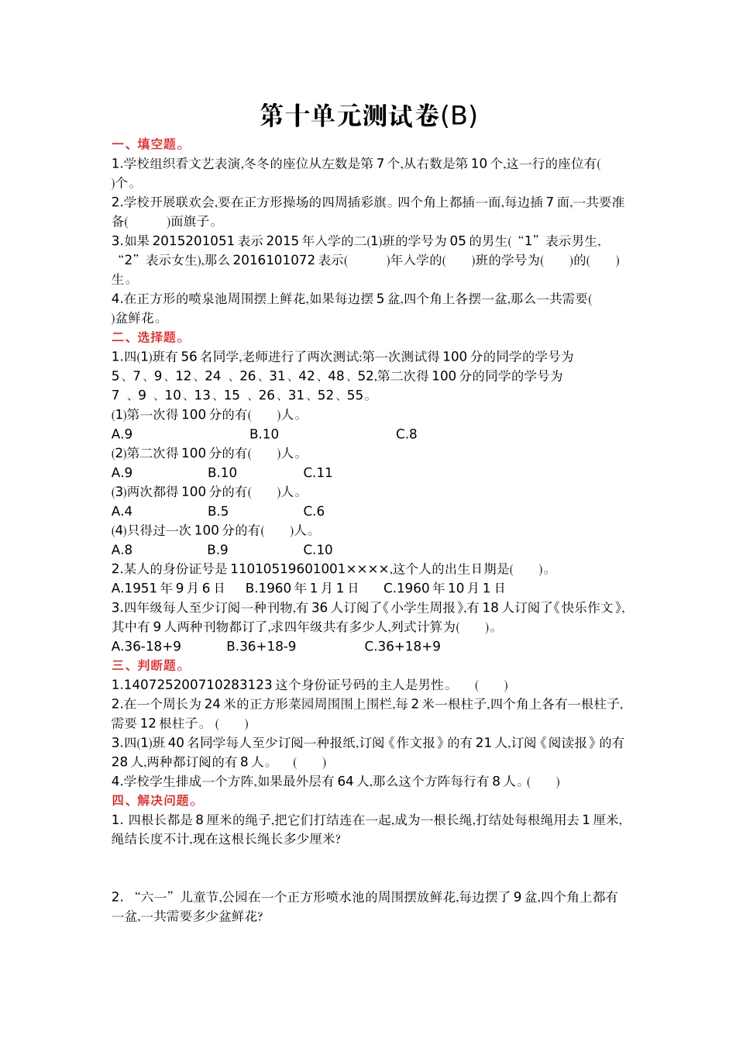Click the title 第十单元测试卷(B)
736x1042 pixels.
pyautogui.click(x=368, y=116)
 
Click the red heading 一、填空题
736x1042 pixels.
pyautogui.click(x=148, y=144)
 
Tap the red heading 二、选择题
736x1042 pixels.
pyautogui.click(x=148, y=337)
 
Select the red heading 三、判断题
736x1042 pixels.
pyautogui.click(x=148, y=665)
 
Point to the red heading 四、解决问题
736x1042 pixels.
pyautogui.click(x=154, y=800)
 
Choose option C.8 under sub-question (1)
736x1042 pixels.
pyautogui.click(x=406, y=434)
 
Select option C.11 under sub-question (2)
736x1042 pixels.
pyautogui.click(x=318, y=473)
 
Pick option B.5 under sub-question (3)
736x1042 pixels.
pyautogui.click(x=218, y=512)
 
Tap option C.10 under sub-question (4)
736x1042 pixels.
pyautogui.click(x=318, y=550)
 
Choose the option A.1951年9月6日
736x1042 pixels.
pyautogui.click(x=168, y=588)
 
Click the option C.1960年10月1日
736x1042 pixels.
pyautogui.click(x=444, y=588)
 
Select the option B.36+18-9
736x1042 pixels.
pyautogui.click(x=261, y=647)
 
